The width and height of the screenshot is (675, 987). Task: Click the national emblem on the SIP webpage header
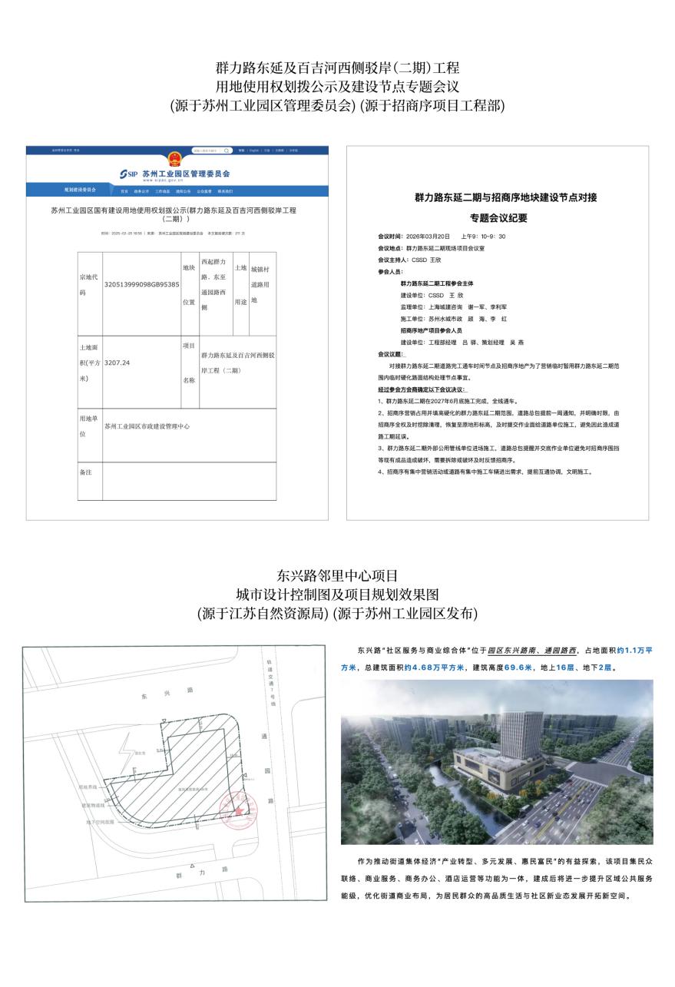coord(176,158)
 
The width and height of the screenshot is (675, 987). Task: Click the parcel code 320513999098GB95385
coord(141,283)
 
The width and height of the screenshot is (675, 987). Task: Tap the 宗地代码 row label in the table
coord(89,283)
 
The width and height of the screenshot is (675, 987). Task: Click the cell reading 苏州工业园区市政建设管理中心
coord(147,425)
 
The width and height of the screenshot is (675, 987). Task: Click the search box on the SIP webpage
coord(211,151)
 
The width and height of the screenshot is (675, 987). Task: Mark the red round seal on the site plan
coord(237,807)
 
